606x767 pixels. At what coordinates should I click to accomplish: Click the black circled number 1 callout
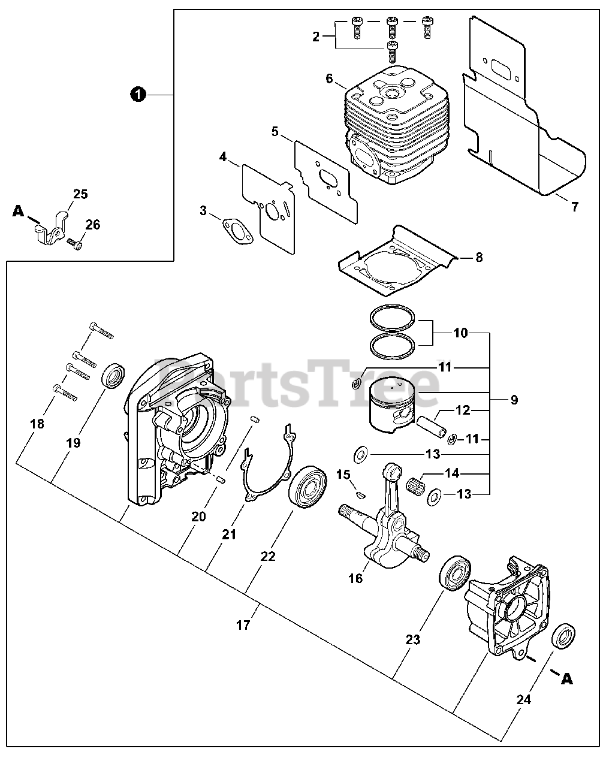click(138, 94)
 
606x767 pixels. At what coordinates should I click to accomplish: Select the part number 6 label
click(329, 78)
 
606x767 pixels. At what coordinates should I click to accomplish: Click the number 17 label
click(242, 625)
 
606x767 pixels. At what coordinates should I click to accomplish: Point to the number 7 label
click(575, 207)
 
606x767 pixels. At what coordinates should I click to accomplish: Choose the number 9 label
click(514, 400)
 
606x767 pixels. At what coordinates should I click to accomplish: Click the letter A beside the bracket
click(18, 210)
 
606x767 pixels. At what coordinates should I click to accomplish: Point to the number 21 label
click(230, 534)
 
